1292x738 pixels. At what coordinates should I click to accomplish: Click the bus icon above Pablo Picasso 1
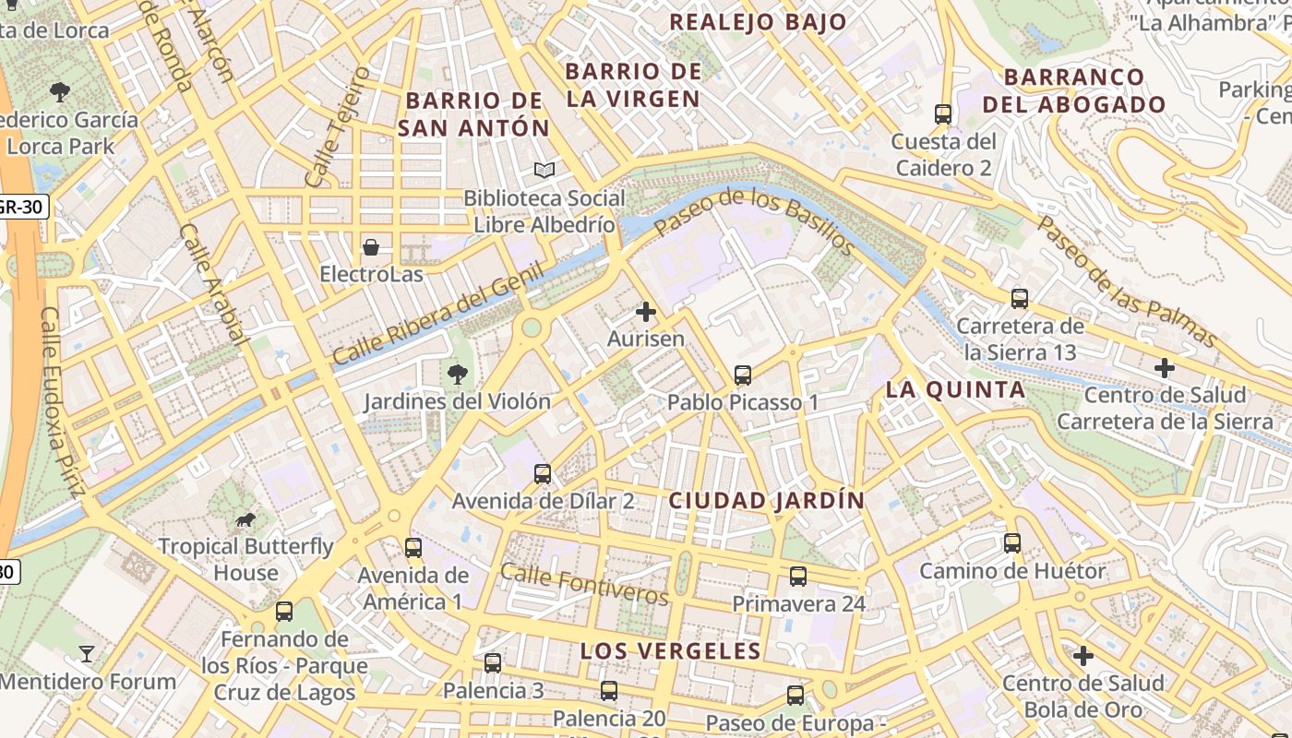(742, 375)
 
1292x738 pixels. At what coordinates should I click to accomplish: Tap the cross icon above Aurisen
(646, 312)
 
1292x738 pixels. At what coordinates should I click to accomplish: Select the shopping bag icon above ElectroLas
(371, 247)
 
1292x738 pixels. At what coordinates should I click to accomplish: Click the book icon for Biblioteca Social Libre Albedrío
(544, 171)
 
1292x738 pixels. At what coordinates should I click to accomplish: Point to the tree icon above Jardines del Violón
(457, 374)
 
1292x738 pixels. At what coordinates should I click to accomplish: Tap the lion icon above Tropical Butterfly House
(245, 520)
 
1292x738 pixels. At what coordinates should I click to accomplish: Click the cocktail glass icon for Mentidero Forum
(87, 654)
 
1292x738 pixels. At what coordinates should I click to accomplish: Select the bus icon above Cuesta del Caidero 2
(942, 114)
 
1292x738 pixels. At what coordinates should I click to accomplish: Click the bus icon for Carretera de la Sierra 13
(1020, 299)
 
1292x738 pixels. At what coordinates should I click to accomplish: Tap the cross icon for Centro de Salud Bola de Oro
(1083, 656)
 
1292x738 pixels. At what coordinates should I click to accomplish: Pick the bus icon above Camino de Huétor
(1012, 543)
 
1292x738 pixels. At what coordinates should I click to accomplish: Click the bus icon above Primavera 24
(798, 577)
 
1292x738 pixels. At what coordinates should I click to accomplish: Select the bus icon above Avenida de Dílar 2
(543, 474)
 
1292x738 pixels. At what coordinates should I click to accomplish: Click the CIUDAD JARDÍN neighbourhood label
(766, 501)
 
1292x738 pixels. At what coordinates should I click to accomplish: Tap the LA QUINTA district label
(955, 390)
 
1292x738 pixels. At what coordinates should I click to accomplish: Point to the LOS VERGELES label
(670, 651)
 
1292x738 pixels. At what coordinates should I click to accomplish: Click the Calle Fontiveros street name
(583, 584)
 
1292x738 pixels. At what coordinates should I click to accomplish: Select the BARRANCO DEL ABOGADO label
(1074, 90)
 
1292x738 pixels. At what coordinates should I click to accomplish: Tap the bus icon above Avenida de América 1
(413, 548)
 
